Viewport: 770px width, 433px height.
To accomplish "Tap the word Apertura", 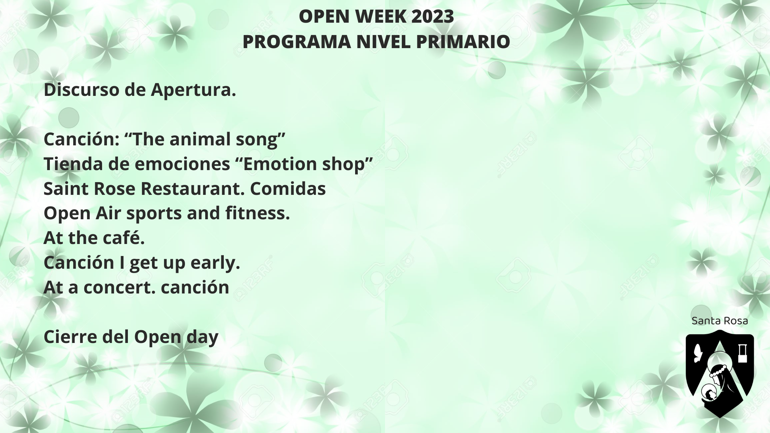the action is click(194, 90).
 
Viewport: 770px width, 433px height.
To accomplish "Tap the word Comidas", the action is click(288, 189).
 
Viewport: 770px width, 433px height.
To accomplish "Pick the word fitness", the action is click(258, 213).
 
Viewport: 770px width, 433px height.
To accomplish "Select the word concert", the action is click(120, 287).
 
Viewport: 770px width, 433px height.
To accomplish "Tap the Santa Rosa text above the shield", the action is click(719, 321).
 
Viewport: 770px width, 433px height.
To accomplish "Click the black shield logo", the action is click(720, 374).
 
